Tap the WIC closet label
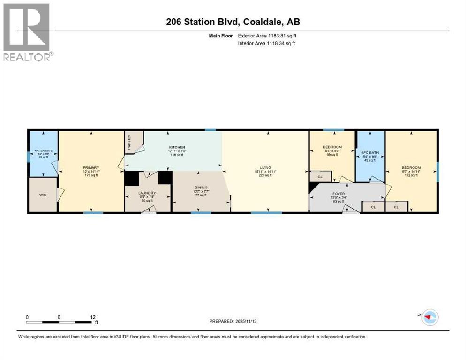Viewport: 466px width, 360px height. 42,194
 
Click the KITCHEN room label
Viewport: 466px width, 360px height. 177,147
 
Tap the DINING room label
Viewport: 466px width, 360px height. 201,187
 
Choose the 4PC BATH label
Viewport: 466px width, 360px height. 369,152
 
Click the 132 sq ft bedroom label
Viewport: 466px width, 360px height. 411,168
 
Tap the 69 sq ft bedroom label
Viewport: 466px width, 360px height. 333,147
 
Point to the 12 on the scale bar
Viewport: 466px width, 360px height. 93,317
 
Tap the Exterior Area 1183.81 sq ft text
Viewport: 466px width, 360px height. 266,36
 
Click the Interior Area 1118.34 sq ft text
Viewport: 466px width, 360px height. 266,43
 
